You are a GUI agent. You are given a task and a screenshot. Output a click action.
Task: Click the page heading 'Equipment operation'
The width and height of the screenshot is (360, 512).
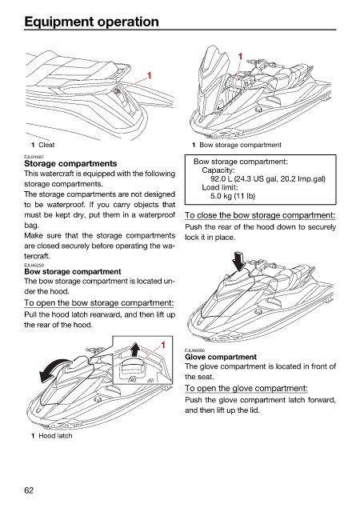pyautogui.click(x=91, y=22)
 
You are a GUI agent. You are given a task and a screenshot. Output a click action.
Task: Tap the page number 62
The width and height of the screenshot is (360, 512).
pyautogui.click(x=29, y=490)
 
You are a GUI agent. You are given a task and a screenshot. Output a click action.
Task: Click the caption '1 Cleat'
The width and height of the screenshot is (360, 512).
pyautogui.click(x=42, y=145)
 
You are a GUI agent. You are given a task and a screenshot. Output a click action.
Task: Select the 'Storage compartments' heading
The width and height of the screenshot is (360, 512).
pyautogui.click(x=70, y=163)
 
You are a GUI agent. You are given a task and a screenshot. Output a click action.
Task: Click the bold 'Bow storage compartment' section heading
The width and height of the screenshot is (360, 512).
pyautogui.click(x=73, y=272)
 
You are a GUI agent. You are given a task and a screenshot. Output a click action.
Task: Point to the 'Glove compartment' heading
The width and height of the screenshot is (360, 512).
pyautogui.click(x=221, y=357)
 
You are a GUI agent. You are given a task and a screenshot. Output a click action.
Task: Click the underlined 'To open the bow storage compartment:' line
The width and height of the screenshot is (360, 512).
pyautogui.click(x=98, y=303)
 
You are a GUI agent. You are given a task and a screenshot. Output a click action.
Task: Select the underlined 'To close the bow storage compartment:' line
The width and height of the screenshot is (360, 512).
pyautogui.click(x=260, y=215)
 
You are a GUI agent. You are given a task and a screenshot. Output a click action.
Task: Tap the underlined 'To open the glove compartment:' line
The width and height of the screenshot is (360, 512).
pyautogui.click(x=246, y=388)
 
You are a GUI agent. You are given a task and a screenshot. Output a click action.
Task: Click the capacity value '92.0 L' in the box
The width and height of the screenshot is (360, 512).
pyautogui.click(x=221, y=178)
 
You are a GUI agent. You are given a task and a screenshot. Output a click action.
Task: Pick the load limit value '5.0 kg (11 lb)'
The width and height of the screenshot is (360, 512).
pyautogui.click(x=233, y=196)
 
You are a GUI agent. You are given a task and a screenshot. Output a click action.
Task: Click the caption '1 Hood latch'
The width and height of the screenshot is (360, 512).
pyautogui.click(x=52, y=435)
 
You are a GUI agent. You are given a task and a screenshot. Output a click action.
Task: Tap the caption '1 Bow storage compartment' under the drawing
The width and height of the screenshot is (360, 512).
pyautogui.click(x=237, y=145)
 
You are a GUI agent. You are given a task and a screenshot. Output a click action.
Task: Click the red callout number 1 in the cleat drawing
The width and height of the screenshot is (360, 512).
pyautogui.click(x=149, y=76)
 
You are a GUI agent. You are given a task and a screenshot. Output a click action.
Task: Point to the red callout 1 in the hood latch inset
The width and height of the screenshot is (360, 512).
pyautogui.click(x=163, y=345)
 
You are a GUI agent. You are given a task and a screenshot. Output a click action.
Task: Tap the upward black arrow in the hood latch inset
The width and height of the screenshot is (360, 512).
pyautogui.click(x=134, y=350)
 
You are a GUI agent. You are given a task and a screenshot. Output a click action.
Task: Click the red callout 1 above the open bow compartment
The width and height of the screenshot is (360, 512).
pyautogui.click(x=240, y=57)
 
